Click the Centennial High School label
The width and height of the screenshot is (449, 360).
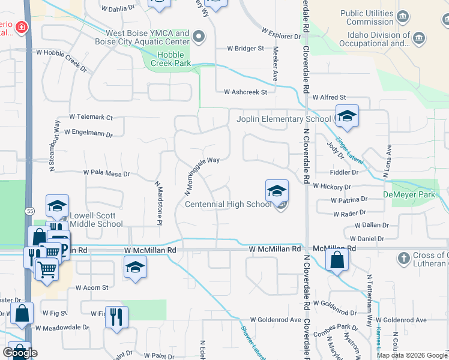(228, 205)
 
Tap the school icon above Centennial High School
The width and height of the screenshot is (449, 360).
(277, 191)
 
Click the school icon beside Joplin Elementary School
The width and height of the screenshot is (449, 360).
(347, 116)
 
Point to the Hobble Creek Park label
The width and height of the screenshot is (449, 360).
(170, 59)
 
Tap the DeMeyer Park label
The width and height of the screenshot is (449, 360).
(409, 195)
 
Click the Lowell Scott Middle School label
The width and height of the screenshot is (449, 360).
(97, 220)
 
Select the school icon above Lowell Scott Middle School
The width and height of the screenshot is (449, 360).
(57, 206)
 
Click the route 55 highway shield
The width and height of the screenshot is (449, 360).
(29, 211)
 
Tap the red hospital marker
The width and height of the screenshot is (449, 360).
(22, 27)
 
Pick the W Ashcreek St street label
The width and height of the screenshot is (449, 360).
(245, 92)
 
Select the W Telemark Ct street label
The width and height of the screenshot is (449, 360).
(91, 117)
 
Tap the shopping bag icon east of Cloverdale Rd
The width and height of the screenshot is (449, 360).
(337, 260)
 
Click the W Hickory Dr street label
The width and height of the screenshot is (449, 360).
(331, 187)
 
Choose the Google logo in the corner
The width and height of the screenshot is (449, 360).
(20, 353)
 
